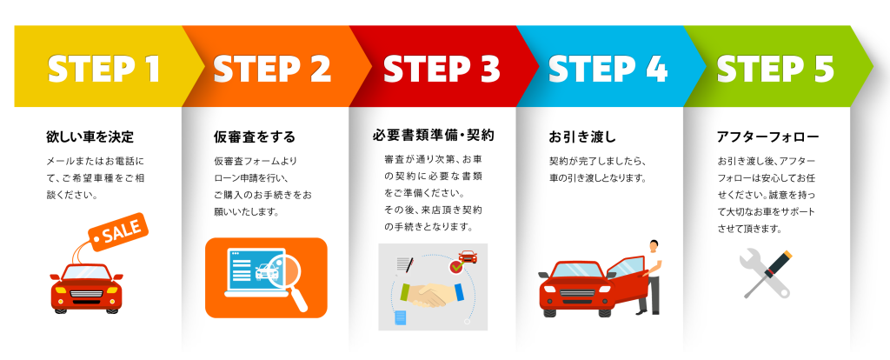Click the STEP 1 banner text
[x=103, y=69]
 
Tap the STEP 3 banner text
[x=442, y=69]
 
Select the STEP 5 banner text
[x=775, y=69]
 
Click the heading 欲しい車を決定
[x=90, y=137]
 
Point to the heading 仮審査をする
[x=255, y=137]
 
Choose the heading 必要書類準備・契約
[x=433, y=136]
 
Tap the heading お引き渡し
[x=581, y=137]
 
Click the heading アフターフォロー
[x=768, y=137]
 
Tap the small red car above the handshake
[x=468, y=257]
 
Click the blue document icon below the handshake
[x=401, y=318]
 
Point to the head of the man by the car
[x=654, y=245]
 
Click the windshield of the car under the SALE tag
[x=87, y=272]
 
